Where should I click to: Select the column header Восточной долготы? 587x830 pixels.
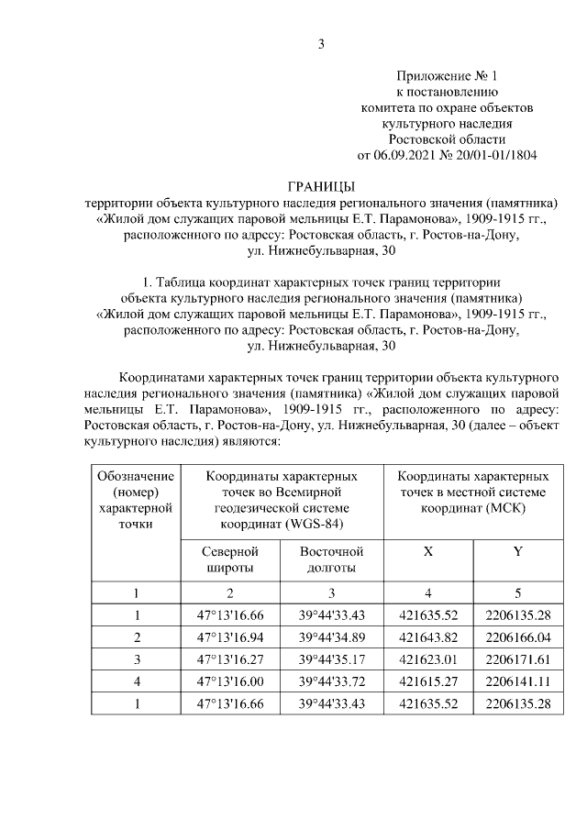coord(332,559)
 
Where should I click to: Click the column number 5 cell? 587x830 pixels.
coord(518,592)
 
